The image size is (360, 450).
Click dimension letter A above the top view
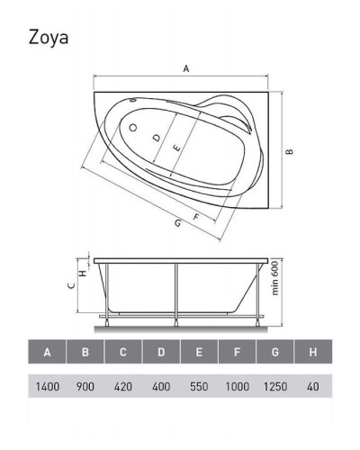click(x=185, y=67)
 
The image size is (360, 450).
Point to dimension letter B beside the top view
click(x=290, y=153)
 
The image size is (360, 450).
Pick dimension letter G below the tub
click(x=178, y=223)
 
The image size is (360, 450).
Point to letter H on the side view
click(x=83, y=273)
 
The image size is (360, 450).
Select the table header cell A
click(x=48, y=352)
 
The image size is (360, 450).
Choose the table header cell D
click(x=161, y=352)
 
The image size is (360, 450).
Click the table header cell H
click(x=312, y=352)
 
